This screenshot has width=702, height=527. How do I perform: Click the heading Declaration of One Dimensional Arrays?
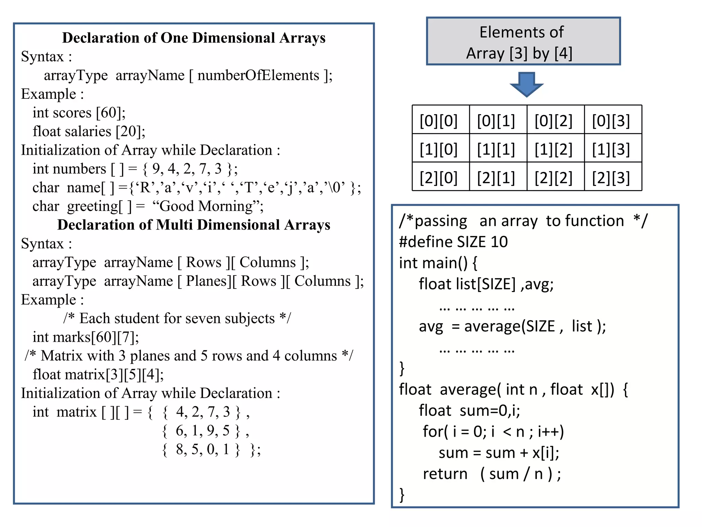pos(194,38)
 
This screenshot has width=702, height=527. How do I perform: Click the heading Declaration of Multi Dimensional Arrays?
pos(194,225)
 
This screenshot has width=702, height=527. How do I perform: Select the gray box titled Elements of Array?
pos(523,42)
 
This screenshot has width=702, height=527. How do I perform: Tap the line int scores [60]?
pos(79,113)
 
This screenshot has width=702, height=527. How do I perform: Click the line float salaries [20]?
pos(89,131)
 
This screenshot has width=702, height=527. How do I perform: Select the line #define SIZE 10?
pos(453,242)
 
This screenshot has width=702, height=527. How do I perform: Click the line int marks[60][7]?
pos(86,337)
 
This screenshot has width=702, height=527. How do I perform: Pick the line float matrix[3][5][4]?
pos(98,375)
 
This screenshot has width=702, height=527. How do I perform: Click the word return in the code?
pos(445,474)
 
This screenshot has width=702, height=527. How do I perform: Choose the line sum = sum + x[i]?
pos(499,453)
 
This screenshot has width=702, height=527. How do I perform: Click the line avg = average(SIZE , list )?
pos(512,326)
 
